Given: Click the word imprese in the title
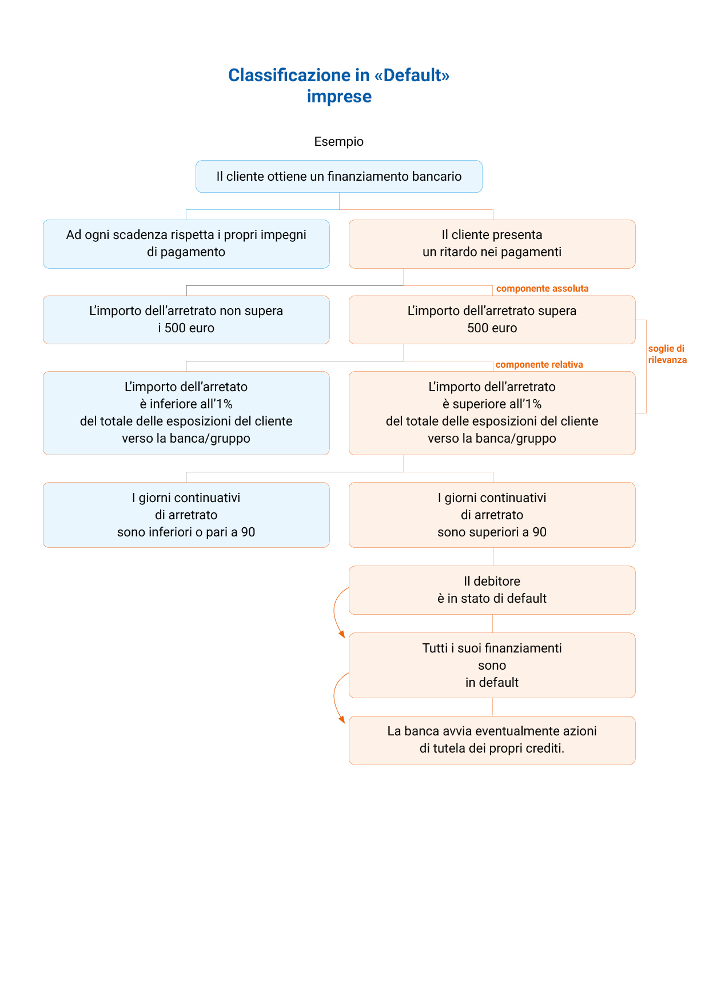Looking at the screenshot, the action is tap(339, 97).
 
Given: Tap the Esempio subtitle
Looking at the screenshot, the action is tap(338, 141).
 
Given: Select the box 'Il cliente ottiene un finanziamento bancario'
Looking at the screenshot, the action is tap(339, 176).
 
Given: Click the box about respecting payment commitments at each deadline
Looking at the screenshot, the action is tap(186, 244).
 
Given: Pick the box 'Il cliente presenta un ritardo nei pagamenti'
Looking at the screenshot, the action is tap(492, 244).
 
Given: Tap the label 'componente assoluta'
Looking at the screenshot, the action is tap(542, 289).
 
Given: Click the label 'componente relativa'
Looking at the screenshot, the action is tap(539, 365).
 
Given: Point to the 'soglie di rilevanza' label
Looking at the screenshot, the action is tap(667, 354).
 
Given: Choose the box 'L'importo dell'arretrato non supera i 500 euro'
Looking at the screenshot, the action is tap(186, 320).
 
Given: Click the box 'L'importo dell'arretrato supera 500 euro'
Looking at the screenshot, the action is tap(492, 320).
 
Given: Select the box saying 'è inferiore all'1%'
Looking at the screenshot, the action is tap(186, 413).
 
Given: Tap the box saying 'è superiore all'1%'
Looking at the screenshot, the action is tap(492, 413).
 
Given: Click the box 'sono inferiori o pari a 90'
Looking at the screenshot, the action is tap(186, 515).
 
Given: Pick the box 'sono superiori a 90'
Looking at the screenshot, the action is tap(492, 515).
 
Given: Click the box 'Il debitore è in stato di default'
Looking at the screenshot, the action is tap(492, 590).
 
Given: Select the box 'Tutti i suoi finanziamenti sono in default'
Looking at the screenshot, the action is tap(492, 665).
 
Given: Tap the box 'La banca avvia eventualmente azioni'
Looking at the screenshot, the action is tap(492, 740).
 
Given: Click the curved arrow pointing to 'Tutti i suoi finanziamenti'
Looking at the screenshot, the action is tap(334, 612).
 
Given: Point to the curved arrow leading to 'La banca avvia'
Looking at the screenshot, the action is tap(334, 698).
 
